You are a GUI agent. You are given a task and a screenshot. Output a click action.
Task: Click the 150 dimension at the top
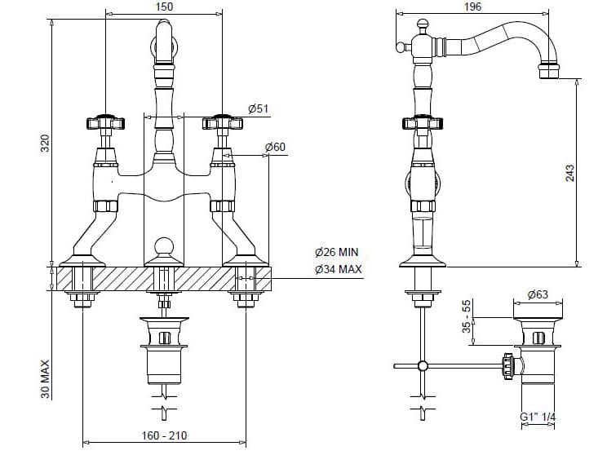point(164,7)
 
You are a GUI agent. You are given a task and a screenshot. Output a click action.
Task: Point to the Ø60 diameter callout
point(274,148)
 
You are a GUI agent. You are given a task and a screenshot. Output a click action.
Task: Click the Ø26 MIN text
point(337,253)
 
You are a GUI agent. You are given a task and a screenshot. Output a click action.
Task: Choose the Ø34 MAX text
point(338,270)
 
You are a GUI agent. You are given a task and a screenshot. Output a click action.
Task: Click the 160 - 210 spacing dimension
point(163,436)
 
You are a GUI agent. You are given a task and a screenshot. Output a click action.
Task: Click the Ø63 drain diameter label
point(537,294)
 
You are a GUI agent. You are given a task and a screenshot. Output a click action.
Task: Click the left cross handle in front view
point(104,124)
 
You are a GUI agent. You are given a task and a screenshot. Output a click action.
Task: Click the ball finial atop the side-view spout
point(422,25)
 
